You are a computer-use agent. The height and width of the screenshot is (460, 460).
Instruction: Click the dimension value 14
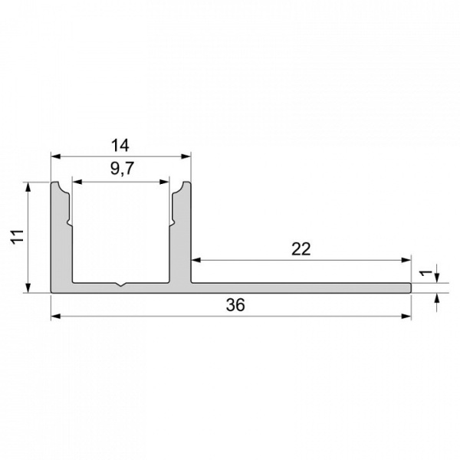pyautogui.click(x=120, y=144)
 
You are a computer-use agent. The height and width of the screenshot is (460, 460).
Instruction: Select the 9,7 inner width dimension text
pyautogui.click(x=120, y=171)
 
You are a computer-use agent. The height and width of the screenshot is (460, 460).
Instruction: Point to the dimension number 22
pyautogui.click(x=301, y=249)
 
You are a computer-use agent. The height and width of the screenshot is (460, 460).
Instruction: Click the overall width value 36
pyautogui.click(x=235, y=305)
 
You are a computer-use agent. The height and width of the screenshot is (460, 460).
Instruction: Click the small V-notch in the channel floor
pyautogui.click(x=120, y=287)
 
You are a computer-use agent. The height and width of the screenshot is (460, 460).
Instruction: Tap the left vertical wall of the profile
pyautogui.click(x=61, y=238)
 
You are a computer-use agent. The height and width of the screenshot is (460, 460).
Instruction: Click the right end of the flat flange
pyautogui.click(x=409, y=287)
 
